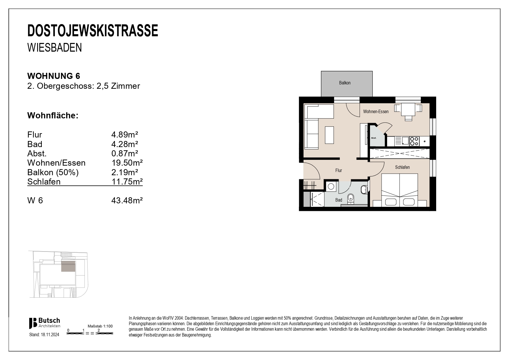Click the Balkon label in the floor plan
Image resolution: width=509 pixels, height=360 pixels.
[345, 83]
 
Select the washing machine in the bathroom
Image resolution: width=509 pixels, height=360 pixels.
[331, 187]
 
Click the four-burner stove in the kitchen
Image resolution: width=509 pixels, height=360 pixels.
[414, 141]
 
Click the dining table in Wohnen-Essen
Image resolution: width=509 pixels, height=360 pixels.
[408, 109]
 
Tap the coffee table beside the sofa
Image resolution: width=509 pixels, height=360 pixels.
[329, 135]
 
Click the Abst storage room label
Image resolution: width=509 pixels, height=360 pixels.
[373, 138]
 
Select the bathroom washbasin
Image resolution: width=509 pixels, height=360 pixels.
[364, 190]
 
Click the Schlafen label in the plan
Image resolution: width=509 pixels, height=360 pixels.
[402, 167]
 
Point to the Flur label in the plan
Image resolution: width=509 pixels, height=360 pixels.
[338, 171]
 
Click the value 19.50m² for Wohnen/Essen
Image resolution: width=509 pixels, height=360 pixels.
[127, 163]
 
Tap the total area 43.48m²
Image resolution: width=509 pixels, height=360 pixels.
[127, 200]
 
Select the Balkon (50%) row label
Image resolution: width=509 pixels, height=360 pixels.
[53, 172]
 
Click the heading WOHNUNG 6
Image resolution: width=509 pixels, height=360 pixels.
[54, 76]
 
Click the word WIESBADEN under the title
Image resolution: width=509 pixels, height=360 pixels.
[55, 48]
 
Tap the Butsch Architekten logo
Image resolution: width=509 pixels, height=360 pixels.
[44, 323]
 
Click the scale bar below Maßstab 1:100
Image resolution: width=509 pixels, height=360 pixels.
[90, 333]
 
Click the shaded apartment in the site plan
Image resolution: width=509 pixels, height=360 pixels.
[68, 266]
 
